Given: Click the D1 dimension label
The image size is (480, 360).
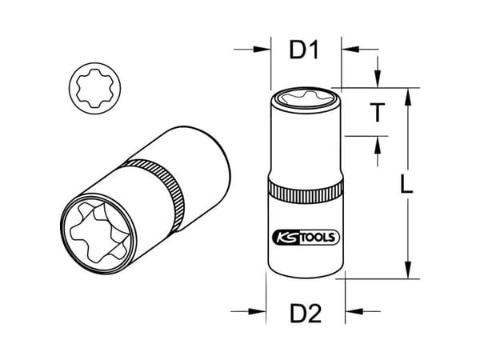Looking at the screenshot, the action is coord(304,50).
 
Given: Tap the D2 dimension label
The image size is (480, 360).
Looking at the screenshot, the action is coord(306,314).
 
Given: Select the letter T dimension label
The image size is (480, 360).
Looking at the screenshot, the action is coord(377,113).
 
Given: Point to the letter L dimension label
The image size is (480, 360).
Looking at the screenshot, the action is coord(406,185).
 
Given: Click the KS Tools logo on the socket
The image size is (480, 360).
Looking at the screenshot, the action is coord(306,238).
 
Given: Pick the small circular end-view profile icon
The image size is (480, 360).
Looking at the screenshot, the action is coord(94,89).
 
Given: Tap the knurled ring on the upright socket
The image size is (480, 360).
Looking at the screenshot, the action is coord(306,191).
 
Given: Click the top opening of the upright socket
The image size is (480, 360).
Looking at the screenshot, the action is coord(306,98).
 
